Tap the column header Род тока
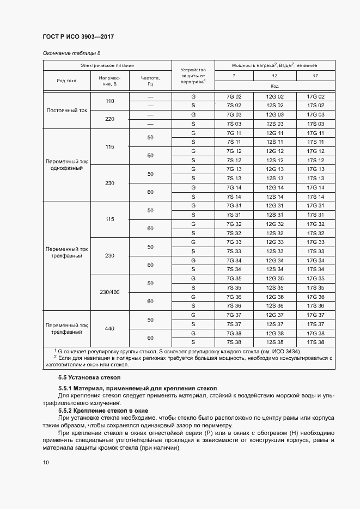pyautogui.click(x=66, y=81)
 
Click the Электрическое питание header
pyautogui.click(x=107, y=65)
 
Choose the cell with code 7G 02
pyautogui.click(x=234, y=96)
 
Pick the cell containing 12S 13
pyautogui.click(x=274, y=179)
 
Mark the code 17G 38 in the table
pyautogui.click(x=315, y=333)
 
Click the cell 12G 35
pyautogui.click(x=274, y=278)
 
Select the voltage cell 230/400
pyautogui.click(x=109, y=292)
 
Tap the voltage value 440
pyautogui.click(x=109, y=329)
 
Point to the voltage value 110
pyautogui.click(x=109, y=101)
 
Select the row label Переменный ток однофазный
pyautogui.click(x=66, y=165)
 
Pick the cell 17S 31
pyautogui.click(x=315, y=214)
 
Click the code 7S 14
pyautogui.click(x=234, y=197)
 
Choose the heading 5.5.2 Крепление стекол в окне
pyautogui.click(x=102, y=410)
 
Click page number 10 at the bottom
pyautogui.click(x=46, y=462)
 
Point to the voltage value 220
pyautogui.click(x=109, y=119)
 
